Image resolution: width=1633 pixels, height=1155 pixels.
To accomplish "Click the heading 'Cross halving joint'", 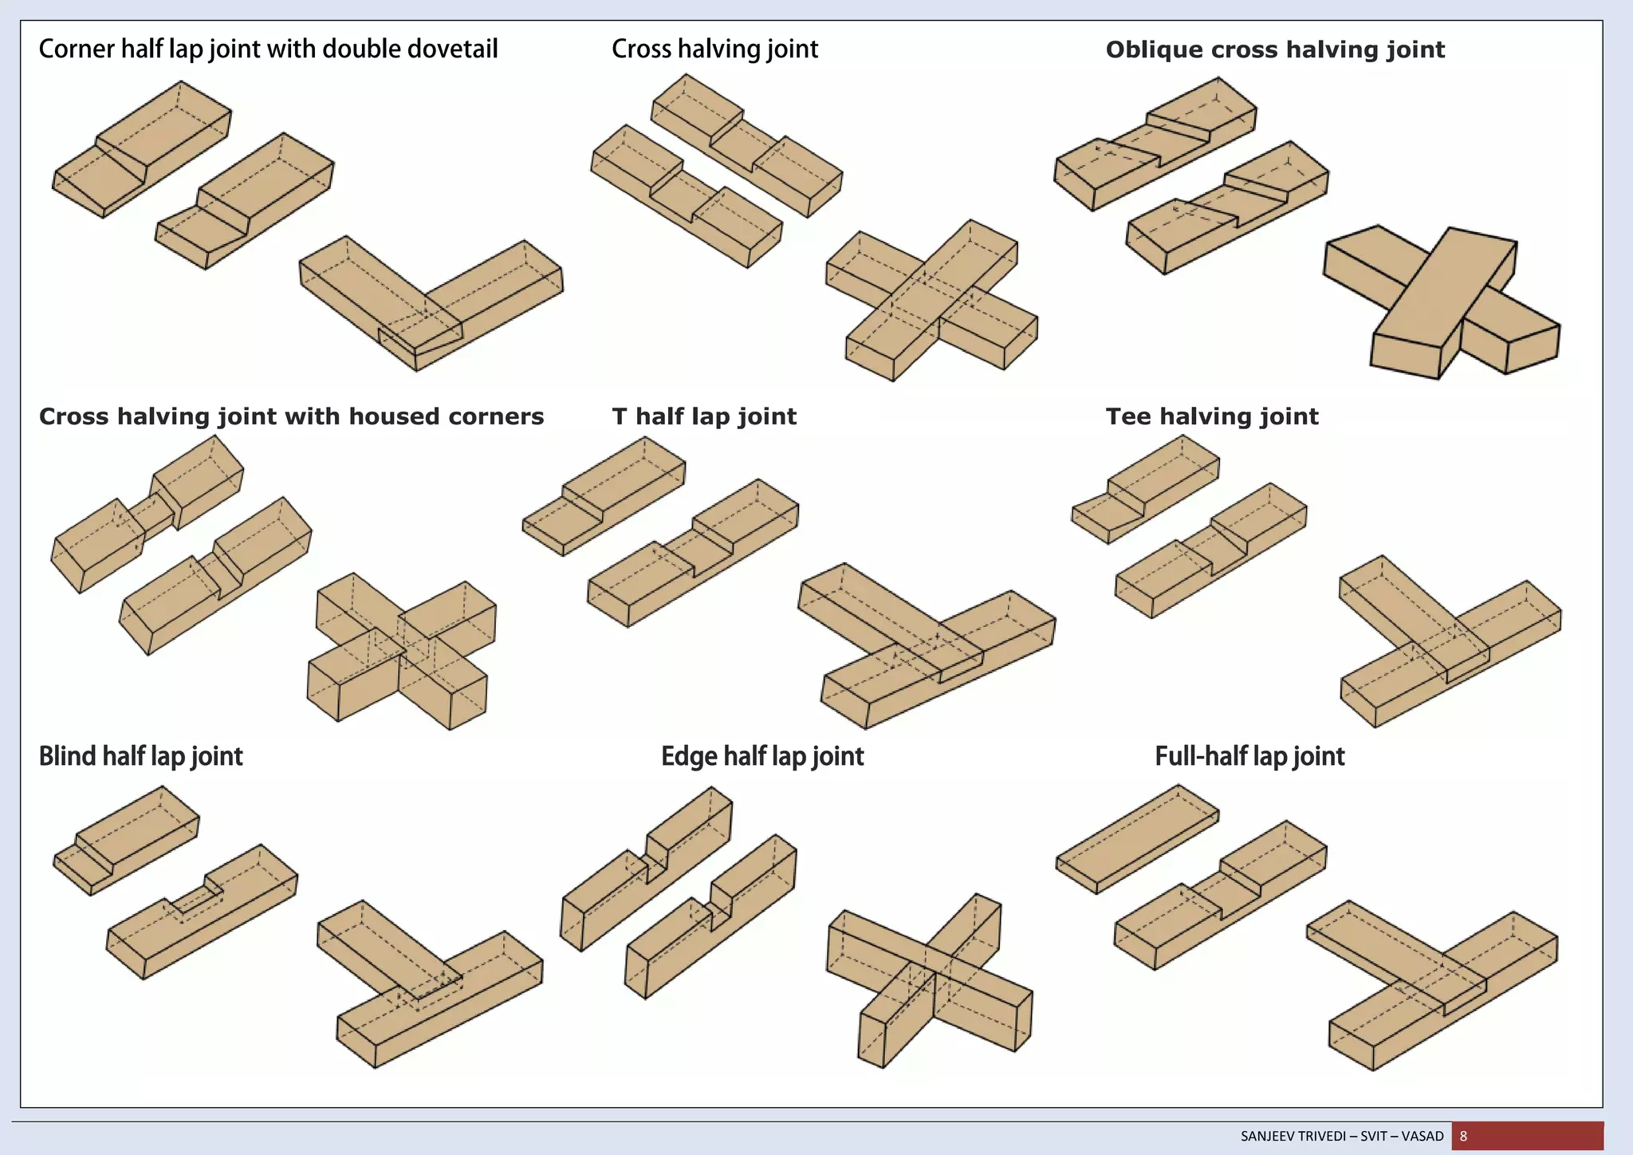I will (x=714, y=49).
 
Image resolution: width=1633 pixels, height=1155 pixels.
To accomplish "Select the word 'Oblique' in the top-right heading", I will (x=1153, y=50).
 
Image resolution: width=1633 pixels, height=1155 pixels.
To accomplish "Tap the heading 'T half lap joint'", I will (x=704, y=416).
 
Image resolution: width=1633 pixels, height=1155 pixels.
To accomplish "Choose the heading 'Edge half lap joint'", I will (x=762, y=756).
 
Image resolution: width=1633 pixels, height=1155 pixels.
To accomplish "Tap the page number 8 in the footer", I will (x=1463, y=1136).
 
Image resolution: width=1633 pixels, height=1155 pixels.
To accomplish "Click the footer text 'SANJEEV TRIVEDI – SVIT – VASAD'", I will (x=1342, y=1136).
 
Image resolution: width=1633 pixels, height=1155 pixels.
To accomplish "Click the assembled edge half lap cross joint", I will (x=930, y=981).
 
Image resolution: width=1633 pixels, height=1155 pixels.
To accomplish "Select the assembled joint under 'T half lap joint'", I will (x=925, y=646).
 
